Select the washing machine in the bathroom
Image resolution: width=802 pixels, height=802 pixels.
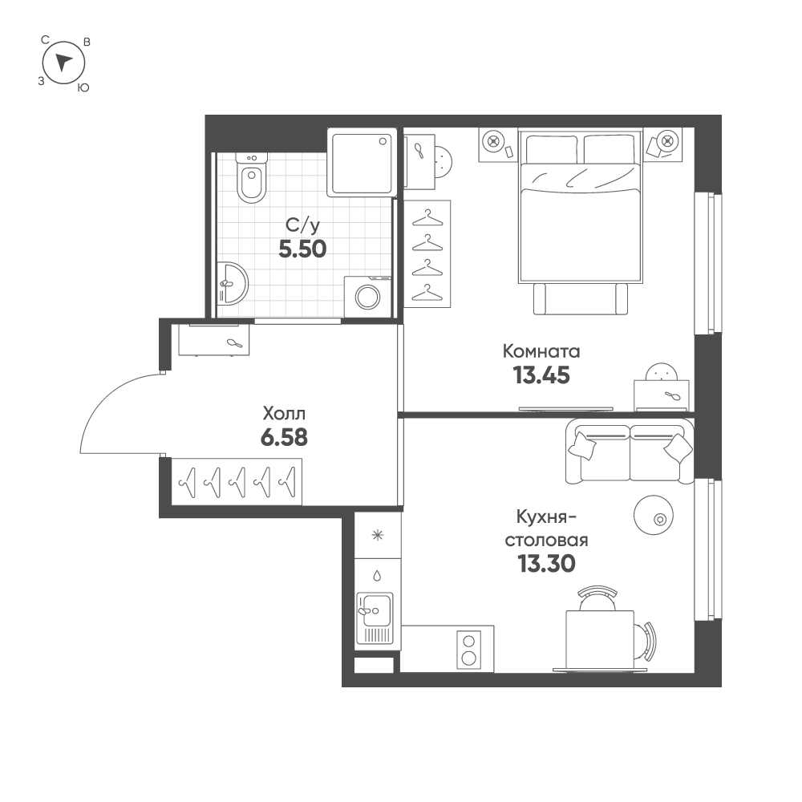tap(369, 294)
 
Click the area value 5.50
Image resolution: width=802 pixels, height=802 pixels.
tap(302, 249)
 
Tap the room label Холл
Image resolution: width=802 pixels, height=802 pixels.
tap(284, 414)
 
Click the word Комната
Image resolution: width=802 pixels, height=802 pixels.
tap(541, 351)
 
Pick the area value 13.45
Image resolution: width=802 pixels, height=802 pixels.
tap(541, 375)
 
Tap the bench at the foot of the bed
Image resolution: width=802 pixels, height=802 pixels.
tap(581, 299)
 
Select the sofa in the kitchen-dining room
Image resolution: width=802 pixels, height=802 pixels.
tap(630, 453)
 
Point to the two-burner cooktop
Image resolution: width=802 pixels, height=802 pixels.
tap(468, 650)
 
